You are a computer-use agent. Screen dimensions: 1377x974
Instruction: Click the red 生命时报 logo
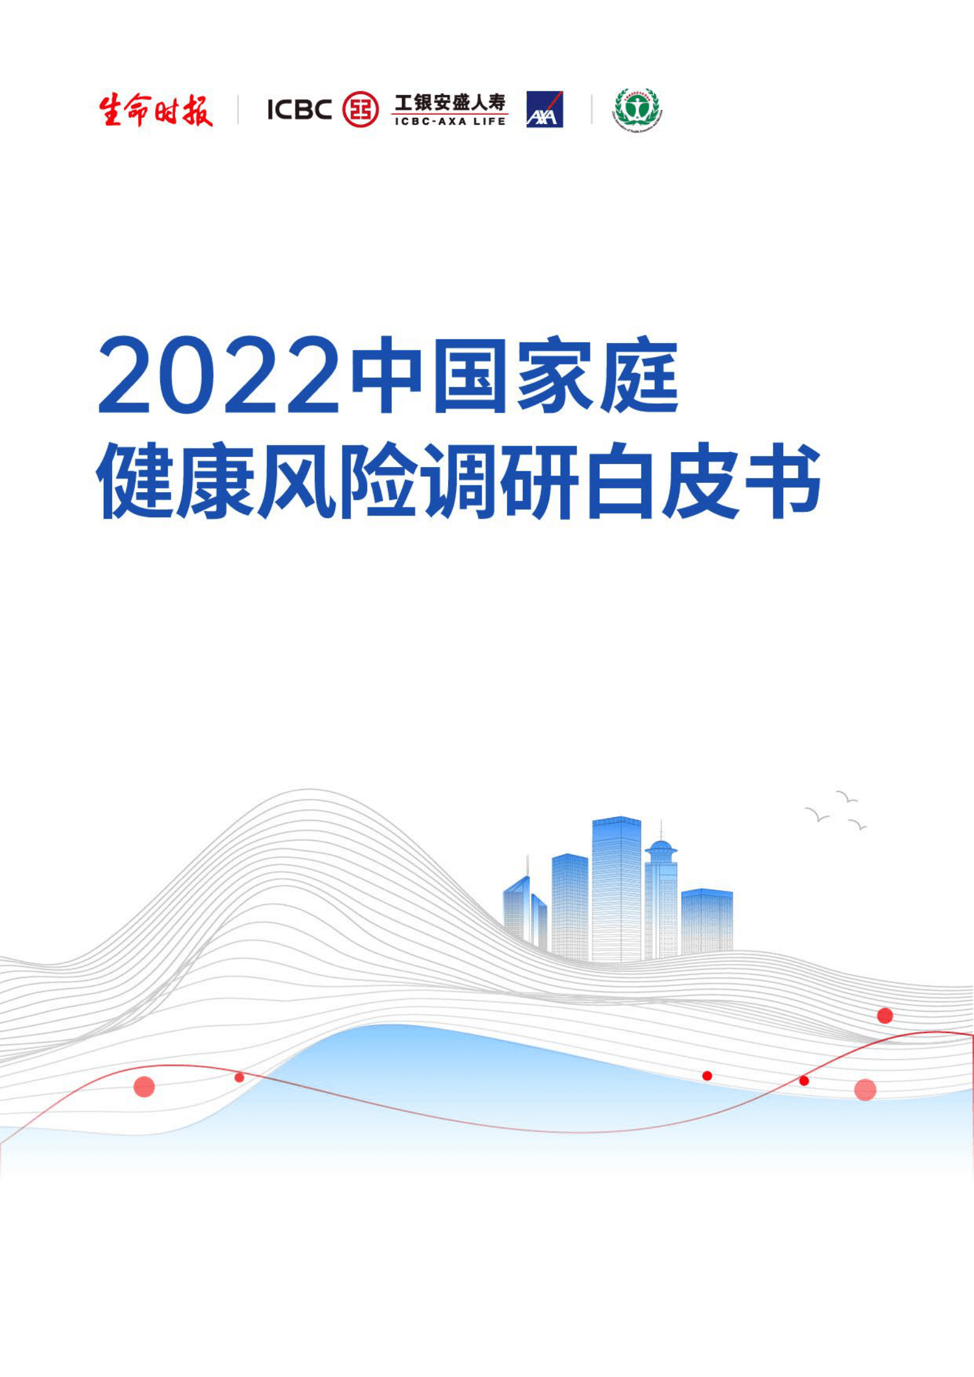[x=156, y=110]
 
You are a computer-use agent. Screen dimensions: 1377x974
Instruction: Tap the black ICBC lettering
[x=300, y=110]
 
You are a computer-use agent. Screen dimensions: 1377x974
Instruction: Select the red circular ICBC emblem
[x=360, y=110]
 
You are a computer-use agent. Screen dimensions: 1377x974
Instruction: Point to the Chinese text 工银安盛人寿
[x=450, y=102]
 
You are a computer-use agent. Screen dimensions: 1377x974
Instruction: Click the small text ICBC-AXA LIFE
[x=450, y=121]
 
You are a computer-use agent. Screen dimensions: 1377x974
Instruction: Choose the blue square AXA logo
[x=544, y=110]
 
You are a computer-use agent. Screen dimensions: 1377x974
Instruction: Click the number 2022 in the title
[x=218, y=376]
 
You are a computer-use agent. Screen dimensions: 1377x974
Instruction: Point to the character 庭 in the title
[x=640, y=376]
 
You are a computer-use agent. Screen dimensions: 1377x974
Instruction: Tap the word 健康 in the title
[x=176, y=482]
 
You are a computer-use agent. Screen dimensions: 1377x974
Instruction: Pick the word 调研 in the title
[x=501, y=482]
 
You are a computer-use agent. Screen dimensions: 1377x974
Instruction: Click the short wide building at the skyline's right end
[x=707, y=920]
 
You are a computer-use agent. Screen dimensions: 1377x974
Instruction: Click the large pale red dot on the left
[x=144, y=1087]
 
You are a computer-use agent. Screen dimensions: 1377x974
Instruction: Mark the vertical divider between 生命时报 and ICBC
[x=238, y=110]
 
